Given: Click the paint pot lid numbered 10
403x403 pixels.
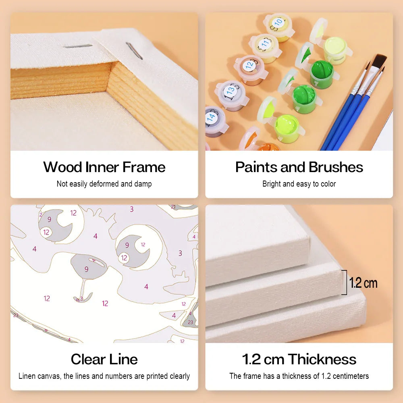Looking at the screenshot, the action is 278,23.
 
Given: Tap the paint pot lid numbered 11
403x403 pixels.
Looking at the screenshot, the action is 265,44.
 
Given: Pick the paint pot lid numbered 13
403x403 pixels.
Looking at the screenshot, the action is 230,90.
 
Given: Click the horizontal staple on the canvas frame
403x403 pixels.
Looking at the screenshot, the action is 78,46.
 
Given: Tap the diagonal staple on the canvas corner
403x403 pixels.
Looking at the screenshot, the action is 134,51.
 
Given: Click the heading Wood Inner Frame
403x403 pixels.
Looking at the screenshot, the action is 104,167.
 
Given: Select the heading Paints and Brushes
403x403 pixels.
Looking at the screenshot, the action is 299,167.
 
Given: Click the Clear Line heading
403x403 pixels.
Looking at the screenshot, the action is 104,359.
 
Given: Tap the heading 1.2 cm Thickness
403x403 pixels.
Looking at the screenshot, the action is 299,359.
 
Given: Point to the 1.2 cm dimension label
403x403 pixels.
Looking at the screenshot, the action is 363,283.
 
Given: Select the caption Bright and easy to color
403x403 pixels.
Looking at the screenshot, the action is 299,184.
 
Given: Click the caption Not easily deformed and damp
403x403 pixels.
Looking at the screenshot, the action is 104,184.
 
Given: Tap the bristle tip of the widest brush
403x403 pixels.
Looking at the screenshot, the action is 380,58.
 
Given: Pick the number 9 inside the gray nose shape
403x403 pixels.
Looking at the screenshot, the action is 86,269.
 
